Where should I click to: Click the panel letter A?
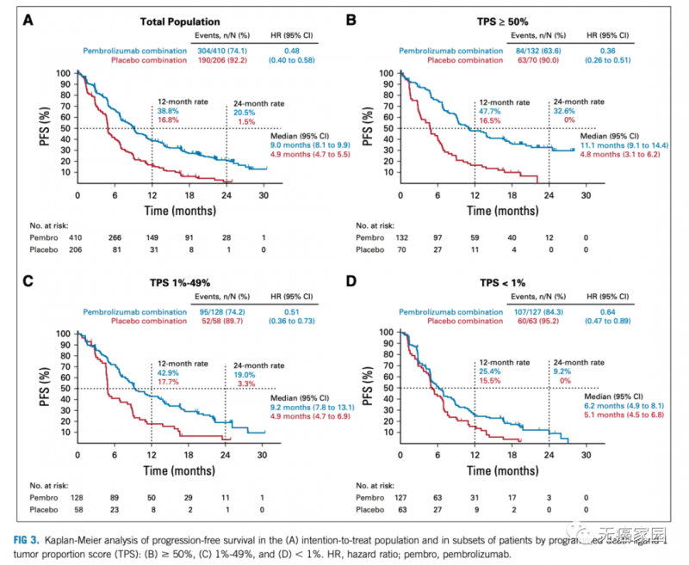[x=28, y=18]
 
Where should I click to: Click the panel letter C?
[x=28, y=279]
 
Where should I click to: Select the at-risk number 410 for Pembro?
[x=78, y=236]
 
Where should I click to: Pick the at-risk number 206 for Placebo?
[x=78, y=250]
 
